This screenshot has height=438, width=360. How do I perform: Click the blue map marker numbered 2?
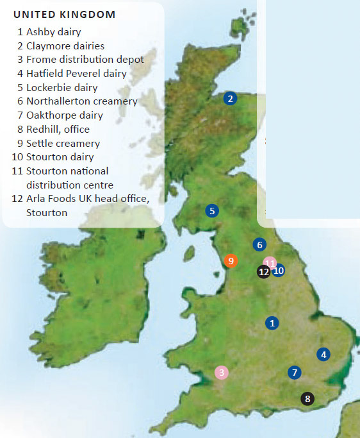(231, 99)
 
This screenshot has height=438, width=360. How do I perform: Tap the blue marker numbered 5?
(212, 210)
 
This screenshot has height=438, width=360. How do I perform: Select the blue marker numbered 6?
(259, 244)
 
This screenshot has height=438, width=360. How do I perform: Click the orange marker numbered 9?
(231, 260)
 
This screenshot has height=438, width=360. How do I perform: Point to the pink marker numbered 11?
(270, 263)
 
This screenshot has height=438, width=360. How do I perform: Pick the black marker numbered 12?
(264, 272)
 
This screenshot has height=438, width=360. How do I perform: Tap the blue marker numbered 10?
(278, 271)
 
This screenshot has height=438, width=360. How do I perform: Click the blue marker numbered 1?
(273, 323)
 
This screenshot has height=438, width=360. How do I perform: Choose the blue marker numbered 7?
(294, 372)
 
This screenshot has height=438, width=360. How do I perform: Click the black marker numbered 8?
(307, 399)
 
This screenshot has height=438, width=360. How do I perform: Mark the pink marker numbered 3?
(222, 373)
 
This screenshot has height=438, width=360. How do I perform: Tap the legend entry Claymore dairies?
(65, 45)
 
